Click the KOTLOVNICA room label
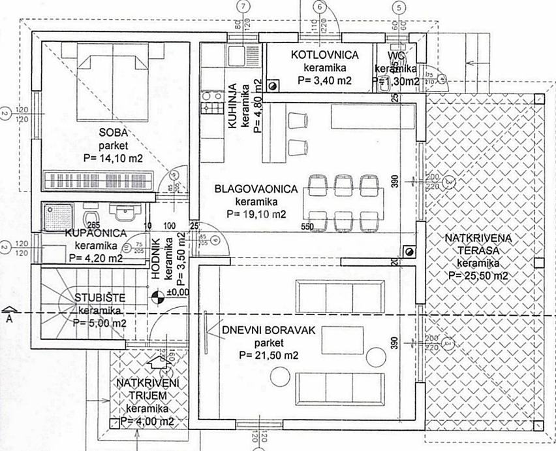click(x=325, y=54)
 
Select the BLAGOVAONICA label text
click(x=256, y=190)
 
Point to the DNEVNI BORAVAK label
click(x=268, y=331)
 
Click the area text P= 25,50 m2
click(x=479, y=276)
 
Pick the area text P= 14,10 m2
click(x=113, y=158)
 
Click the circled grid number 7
click(x=244, y=7)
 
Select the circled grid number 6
click(x=318, y=7)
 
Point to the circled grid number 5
click(x=400, y=7)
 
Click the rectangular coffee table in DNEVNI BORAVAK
click(x=337, y=338)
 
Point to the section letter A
click(x=9, y=318)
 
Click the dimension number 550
click(x=309, y=226)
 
